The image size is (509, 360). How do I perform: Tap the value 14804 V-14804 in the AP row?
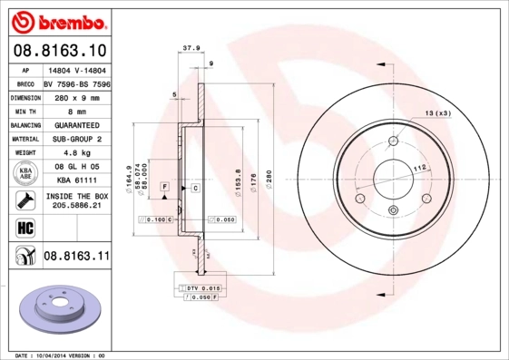[75, 69]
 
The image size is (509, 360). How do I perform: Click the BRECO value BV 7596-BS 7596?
[76, 83]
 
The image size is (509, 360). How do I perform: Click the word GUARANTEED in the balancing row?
[75, 124]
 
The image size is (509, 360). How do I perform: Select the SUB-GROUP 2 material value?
[75, 139]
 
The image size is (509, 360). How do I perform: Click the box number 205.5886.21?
[75, 207]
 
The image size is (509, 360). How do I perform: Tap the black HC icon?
[24, 227]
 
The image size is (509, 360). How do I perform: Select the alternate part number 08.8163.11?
[76, 258]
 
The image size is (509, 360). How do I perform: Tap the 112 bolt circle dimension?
[420, 169]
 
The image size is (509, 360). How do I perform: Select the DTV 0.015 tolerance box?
[200, 287]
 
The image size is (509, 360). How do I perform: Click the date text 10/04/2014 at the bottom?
[59, 356]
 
